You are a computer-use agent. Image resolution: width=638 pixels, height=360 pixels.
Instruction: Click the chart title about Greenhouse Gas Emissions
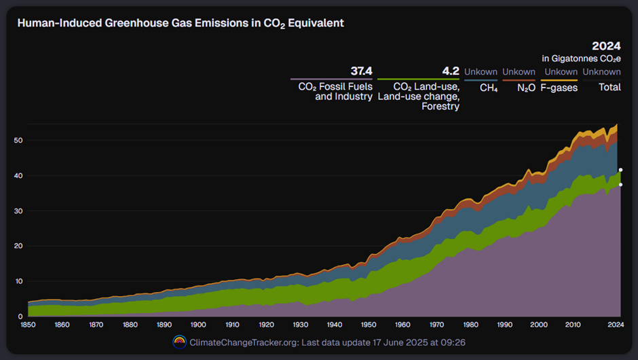tap(181, 23)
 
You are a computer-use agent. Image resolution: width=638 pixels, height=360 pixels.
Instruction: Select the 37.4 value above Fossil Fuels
tap(362, 71)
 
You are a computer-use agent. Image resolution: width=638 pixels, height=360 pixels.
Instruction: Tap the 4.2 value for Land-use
tap(451, 71)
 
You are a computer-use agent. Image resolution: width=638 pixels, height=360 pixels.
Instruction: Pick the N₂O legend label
tap(526, 88)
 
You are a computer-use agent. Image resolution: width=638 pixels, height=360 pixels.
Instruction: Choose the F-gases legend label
tap(559, 88)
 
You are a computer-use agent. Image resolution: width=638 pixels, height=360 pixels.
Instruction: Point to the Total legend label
tap(609, 88)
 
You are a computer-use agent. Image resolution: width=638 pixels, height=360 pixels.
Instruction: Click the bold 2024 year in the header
tap(606, 46)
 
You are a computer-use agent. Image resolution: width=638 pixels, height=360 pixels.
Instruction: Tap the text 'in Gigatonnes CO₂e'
tap(581, 59)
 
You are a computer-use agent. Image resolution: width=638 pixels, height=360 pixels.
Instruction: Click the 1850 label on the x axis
tap(29, 325)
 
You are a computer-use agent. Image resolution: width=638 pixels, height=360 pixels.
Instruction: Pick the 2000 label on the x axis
tap(538, 325)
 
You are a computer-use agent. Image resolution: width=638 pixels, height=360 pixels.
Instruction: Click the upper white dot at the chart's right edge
tap(620, 170)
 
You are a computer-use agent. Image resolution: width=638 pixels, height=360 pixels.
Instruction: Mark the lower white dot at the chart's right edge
tap(620, 184)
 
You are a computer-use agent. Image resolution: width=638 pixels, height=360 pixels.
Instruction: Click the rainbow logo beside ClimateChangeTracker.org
tap(180, 342)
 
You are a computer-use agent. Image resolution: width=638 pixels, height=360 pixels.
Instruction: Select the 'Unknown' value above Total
tap(601, 71)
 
